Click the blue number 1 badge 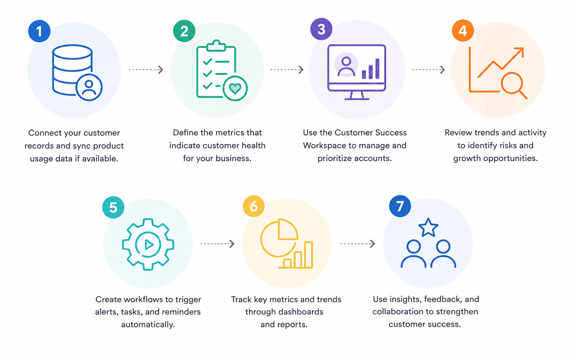point(39,31)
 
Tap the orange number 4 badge point(463,30)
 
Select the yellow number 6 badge point(254,206)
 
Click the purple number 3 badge point(321,29)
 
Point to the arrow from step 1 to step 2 point(146,70)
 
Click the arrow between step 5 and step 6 point(218,244)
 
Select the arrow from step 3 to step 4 point(429,70)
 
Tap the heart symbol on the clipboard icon point(235,89)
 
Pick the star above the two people point(428,228)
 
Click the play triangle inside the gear point(149,245)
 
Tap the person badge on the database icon point(89,87)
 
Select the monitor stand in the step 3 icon point(357,95)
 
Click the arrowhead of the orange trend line point(520,51)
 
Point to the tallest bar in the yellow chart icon point(309,254)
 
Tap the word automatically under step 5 point(148,324)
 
